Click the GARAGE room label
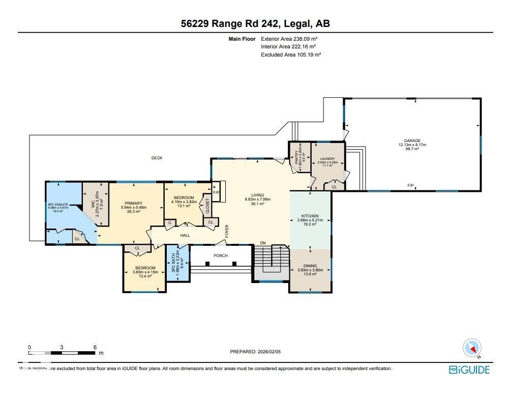412,140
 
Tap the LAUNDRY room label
327,159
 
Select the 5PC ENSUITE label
57,205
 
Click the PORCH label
220,256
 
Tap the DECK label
157,158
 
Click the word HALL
185,235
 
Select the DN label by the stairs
263,243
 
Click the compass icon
472,348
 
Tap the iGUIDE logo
469,370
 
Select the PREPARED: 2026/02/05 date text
255,352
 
